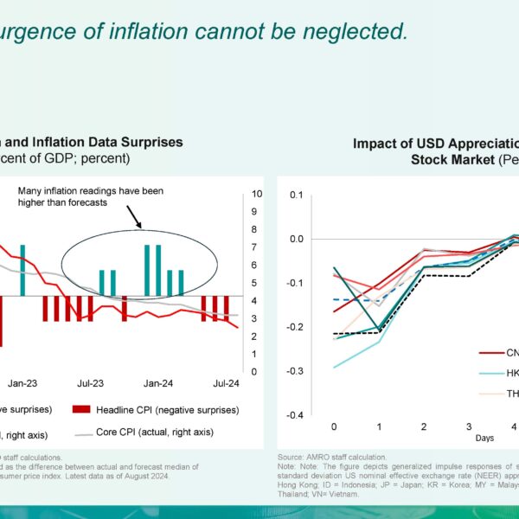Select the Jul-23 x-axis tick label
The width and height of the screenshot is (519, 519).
click(91, 381)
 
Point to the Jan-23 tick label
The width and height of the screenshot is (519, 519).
click(22, 381)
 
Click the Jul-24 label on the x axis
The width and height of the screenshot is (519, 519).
click(226, 381)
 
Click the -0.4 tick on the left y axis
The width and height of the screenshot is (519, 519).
click(295, 414)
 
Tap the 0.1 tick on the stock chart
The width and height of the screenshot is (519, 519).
click(298, 195)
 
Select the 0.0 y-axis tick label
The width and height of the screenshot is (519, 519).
click(298, 239)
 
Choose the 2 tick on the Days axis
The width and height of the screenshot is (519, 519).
click(423, 427)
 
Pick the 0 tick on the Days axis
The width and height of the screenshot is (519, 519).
click(334, 427)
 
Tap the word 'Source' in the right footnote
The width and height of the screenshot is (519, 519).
click(291, 456)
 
